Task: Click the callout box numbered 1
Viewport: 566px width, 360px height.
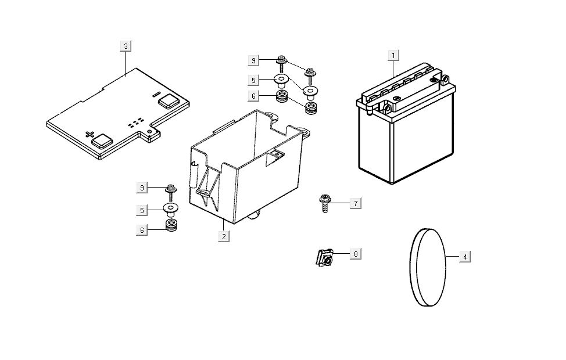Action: pyautogui.click(x=393, y=56)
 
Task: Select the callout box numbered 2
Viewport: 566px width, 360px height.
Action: pyautogui.click(x=224, y=237)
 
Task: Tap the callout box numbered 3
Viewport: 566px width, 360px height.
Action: pyautogui.click(x=126, y=46)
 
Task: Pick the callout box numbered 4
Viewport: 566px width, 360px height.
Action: pyautogui.click(x=465, y=257)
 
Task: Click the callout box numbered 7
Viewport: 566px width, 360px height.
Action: pyautogui.click(x=356, y=203)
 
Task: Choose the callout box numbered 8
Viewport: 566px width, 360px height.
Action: pyautogui.click(x=356, y=254)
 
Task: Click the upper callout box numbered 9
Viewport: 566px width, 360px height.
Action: pyautogui.click(x=253, y=60)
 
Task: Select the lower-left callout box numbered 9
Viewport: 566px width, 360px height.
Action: pyautogui.click(x=142, y=188)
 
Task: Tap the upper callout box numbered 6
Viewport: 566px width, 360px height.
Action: pyautogui.click(x=253, y=96)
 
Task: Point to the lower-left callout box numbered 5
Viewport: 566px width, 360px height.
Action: pyautogui.click(x=142, y=210)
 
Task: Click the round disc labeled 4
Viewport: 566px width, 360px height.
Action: pyautogui.click(x=428, y=267)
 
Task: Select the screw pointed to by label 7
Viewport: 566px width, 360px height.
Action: pyautogui.click(x=324, y=203)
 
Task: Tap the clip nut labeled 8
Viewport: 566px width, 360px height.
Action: pyautogui.click(x=324, y=258)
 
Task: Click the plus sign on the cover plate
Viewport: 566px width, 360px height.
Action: pyautogui.click(x=89, y=135)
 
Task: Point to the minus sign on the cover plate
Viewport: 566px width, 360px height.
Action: pyautogui.click(x=156, y=95)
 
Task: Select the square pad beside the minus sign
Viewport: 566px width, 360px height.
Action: pyautogui.click(x=169, y=101)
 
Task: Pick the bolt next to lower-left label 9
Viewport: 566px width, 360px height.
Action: pyautogui.click(x=170, y=193)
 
